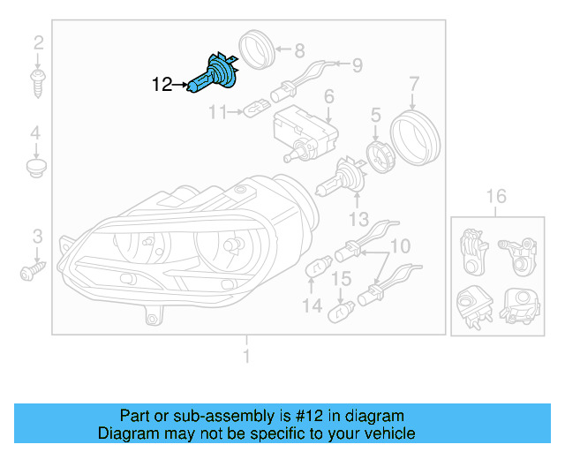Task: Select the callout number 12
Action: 162,85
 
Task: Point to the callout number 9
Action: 358,64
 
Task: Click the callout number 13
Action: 358,219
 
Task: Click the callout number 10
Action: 401,245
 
